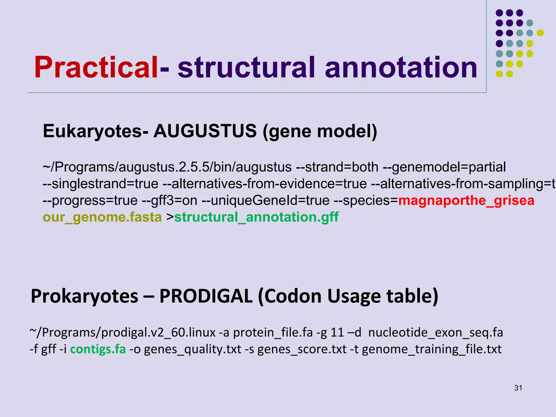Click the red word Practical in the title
tap(96, 67)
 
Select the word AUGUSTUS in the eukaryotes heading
tap(205, 131)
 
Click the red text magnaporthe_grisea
tap(466, 201)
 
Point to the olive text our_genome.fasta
tap(102, 217)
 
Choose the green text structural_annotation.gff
tap(256, 217)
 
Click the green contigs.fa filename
tap(98, 349)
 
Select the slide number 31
tap(518, 388)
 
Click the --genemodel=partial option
tap(444, 167)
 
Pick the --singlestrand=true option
tap(100, 184)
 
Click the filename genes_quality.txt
tap(192, 349)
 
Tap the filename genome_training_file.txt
tap(432, 349)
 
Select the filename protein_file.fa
tap(273, 333)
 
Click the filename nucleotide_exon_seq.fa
tap(435, 333)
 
